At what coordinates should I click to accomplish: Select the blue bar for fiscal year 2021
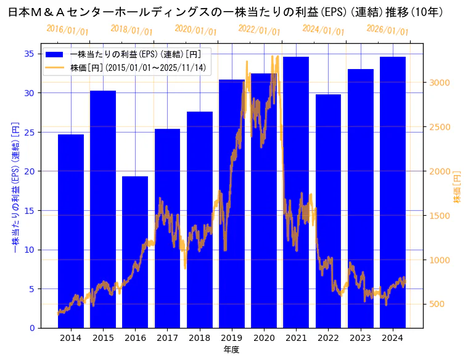click(296, 192)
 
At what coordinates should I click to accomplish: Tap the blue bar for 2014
click(71, 231)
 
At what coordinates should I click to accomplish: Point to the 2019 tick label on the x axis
click(232, 338)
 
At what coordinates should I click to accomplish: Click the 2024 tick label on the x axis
click(393, 338)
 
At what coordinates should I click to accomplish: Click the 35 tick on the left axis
click(30, 54)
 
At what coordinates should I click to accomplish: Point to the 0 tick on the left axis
click(32, 328)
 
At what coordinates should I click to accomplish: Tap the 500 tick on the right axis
click(438, 304)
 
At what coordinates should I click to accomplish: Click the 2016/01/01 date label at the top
click(68, 30)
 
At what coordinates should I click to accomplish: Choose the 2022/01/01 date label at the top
click(260, 30)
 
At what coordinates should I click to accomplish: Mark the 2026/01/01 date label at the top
click(387, 30)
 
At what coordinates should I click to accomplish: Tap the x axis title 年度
click(232, 350)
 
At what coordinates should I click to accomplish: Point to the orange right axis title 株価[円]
click(458, 187)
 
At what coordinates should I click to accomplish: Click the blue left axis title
click(15, 187)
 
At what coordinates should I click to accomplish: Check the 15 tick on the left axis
click(30, 210)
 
